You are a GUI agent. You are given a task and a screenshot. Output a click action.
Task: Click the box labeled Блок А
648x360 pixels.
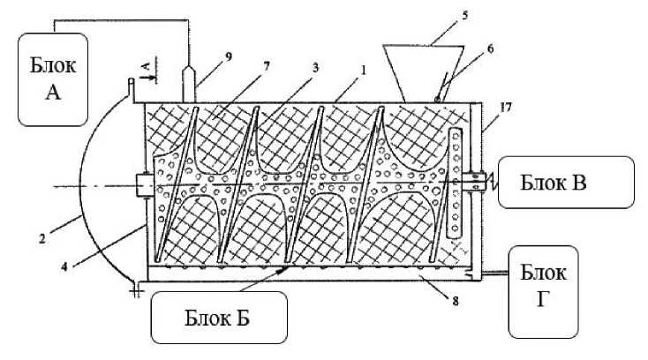pyautogui.click(x=53, y=78)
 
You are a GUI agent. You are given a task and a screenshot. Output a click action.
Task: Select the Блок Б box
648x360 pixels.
pyautogui.click(x=220, y=317)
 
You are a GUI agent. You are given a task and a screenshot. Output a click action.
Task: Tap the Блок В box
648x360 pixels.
pyautogui.click(x=565, y=183)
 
